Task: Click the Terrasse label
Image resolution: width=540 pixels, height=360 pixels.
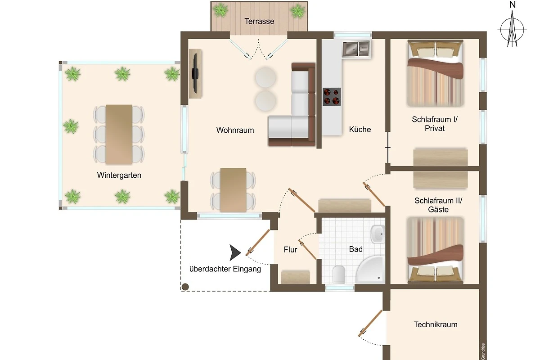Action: pos(259,21)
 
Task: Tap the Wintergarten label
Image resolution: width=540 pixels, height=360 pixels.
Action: pos(119,175)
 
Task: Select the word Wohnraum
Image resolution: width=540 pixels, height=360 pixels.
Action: pos(235,130)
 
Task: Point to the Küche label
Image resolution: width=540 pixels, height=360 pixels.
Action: pos(360,130)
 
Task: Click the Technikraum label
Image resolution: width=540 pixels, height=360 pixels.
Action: pos(436,324)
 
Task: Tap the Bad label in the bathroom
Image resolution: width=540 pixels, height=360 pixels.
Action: pos(356,249)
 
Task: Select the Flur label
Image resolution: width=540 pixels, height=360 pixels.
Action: pos(291,250)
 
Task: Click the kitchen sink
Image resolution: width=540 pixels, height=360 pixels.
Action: pos(356,49)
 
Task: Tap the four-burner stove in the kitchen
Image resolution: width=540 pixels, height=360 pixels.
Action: pos(332,97)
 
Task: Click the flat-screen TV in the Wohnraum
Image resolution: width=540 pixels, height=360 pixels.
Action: pos(195,73)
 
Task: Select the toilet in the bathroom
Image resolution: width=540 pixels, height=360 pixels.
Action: pos(339,274)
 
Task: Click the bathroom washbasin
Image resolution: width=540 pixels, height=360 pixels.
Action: pos(378,234)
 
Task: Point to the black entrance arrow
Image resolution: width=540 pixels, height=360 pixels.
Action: pos(234,253)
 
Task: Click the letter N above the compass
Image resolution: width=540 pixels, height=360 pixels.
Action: pos(513,5)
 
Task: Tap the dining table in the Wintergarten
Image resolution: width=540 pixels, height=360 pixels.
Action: pos(119,135)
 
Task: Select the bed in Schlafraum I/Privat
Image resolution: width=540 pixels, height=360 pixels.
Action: pos(436,73)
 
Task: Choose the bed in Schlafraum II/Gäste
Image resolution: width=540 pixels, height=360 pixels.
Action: pos(436,250)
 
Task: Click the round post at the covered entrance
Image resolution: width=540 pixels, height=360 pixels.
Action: pos(185,287)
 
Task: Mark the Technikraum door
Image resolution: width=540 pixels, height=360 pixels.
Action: pos(370,324)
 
